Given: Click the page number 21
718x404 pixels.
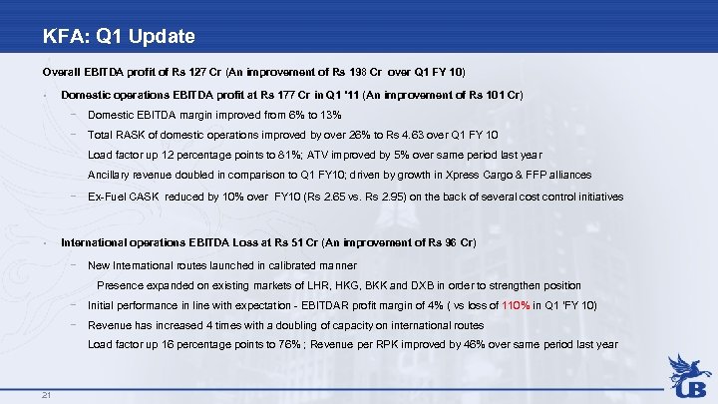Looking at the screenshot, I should [x=47, y=394].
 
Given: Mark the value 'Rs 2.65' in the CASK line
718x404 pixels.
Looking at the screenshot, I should [x=346, y=197].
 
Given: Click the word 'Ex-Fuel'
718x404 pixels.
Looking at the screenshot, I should [x=108, y=197].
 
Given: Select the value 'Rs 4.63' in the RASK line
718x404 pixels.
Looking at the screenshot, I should [x=420, y=135].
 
